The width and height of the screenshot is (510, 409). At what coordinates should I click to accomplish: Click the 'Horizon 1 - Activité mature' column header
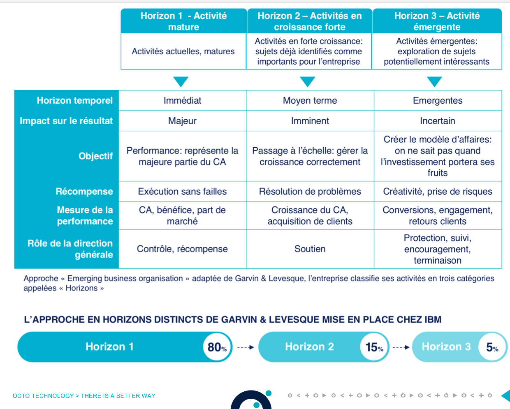(x=183, y=21)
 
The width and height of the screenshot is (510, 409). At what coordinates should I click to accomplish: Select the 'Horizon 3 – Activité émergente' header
(x=437, y=21)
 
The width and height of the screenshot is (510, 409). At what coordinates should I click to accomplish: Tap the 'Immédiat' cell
(x=182, y=100)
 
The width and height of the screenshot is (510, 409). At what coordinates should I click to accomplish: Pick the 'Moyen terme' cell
(x=310, y=100)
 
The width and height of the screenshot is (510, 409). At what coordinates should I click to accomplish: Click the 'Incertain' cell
(x=437, y=121)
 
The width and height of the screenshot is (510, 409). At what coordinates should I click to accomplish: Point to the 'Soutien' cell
(x=310, y=249)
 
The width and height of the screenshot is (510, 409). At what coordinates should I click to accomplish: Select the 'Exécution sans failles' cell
(x=182, y=191)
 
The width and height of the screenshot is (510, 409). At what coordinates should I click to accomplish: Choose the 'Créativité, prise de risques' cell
(x=437, y=191)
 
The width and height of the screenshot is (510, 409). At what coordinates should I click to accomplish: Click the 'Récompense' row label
(x=84, y=191)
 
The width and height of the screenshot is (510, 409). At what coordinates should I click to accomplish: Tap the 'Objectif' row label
(x=95, y=156)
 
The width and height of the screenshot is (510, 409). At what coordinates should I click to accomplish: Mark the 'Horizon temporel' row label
(x=74, y=100)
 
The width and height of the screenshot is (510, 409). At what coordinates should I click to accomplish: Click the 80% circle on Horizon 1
(x=217, y=347)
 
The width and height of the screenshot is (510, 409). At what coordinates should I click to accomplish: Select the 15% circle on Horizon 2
(x=374, y=347)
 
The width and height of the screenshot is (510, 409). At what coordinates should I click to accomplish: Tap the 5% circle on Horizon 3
(x=492, y=347)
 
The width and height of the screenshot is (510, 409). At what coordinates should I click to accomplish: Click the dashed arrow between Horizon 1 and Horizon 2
(x=246, y=347)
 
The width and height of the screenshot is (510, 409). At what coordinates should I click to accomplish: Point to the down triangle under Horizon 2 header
(x=308, y=81)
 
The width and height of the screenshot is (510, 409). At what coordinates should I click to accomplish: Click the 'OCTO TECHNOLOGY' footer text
(x=43, y=396)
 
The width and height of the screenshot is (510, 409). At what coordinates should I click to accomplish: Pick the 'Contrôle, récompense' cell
(x=182, y=249)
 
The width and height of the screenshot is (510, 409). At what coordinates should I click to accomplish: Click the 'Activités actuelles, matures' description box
(x=183, y=51)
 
